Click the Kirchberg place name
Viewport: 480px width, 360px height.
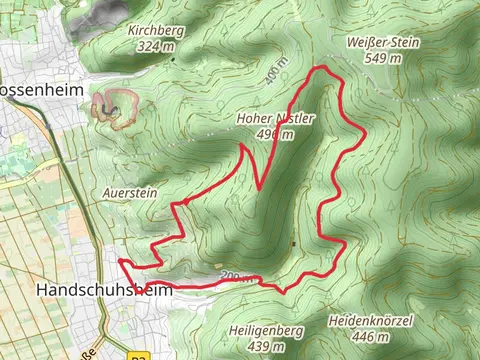coord(156,31)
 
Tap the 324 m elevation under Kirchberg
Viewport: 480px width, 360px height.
coord(156,45)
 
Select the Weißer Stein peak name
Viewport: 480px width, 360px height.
coord(381,43)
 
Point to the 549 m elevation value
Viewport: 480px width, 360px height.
coord(381,58)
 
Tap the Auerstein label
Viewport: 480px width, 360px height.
coord(130,190)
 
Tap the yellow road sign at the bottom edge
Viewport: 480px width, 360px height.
coord(138,355)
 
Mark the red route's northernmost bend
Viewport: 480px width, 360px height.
coord(321,68)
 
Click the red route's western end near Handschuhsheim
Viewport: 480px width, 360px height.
coord(119,261)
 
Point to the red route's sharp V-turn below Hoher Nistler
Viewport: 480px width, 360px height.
coord(259,188)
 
